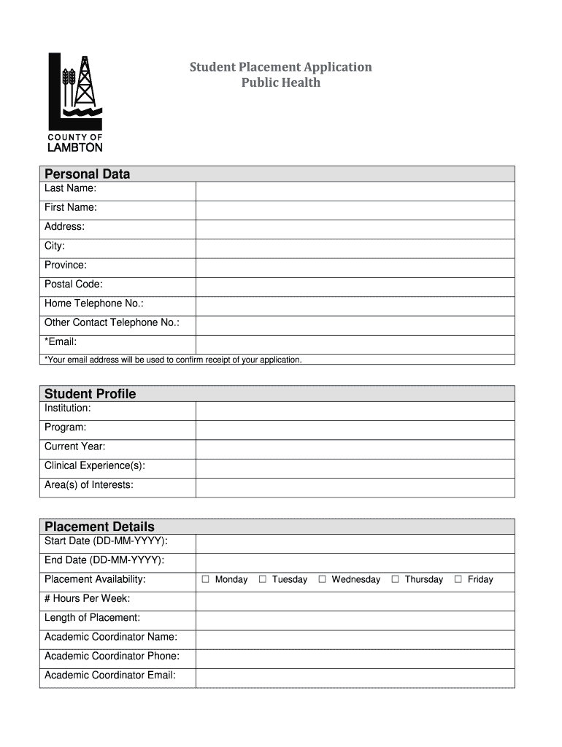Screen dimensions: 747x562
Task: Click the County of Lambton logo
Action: (x=75, y=101)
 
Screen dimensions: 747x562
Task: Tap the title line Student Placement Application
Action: (x=281, y=67)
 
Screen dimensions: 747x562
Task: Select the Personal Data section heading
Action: (x=88, y=174)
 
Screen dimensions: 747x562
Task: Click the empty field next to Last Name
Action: (x=355, y=191)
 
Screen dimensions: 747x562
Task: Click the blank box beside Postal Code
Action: (x=355, y=287)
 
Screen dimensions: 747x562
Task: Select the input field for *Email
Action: (x=355, y=344)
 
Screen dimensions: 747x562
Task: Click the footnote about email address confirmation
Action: (x=173, y=360)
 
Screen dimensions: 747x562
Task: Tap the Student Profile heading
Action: (x=91, y=394)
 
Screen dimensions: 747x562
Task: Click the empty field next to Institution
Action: (x=355, y=411)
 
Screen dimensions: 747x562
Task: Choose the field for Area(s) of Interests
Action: (x=355, y=487)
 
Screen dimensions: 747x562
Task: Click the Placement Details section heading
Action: (x=99, y=527)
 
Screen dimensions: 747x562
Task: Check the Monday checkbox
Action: (x=206, y=579)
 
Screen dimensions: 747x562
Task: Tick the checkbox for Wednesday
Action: (x=323, y=579)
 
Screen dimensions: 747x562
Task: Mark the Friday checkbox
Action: (x=458, y=579)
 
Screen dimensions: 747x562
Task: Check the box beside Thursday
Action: (x=395, y=579)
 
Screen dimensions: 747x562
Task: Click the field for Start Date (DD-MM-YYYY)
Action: (x=355, y=544)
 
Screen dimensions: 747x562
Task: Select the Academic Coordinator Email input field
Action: (x=355, y=678)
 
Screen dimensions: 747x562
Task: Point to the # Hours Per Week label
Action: (x=88, y=598)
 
